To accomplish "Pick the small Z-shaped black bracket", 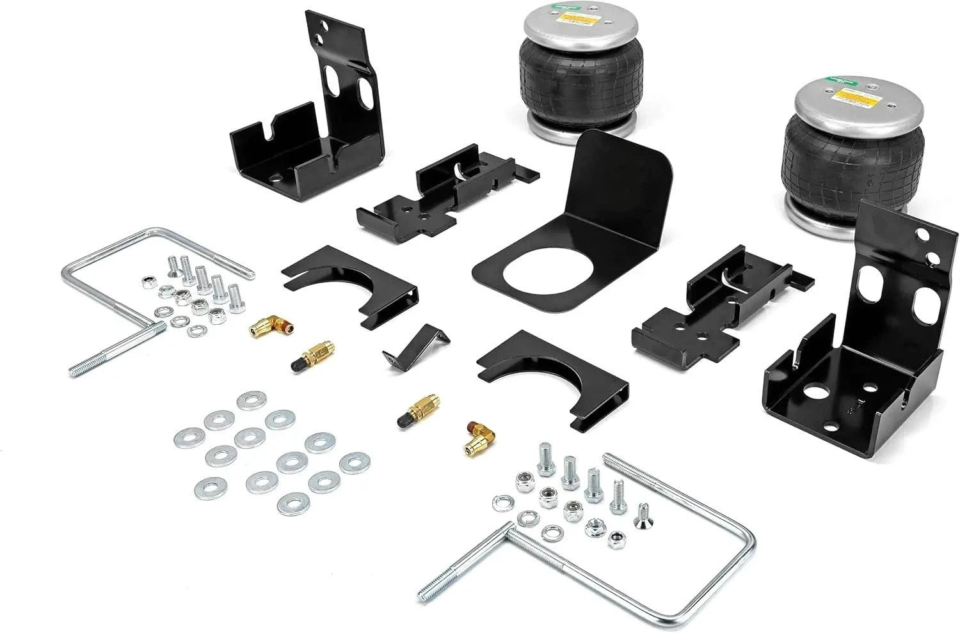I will coord(416,346).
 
